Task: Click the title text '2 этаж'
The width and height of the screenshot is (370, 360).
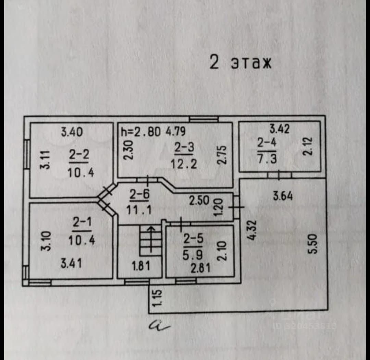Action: (x=240, y=63)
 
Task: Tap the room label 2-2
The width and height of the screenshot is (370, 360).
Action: (x=78, y=155)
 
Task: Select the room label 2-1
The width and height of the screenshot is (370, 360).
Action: (x=81, y=223)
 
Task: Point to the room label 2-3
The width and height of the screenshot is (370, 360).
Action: (x=184, y=147)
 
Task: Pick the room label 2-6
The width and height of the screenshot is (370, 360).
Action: (x=139, y=195)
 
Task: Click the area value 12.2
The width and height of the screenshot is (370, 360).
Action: (x=184, y=164)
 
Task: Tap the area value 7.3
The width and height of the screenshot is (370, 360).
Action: (x=267, y=159)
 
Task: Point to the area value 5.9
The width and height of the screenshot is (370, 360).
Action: (x=193, y=255)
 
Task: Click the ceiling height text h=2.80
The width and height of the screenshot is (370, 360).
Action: (x=141, y=132)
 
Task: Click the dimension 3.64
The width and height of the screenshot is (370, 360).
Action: (x=283, y=196)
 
